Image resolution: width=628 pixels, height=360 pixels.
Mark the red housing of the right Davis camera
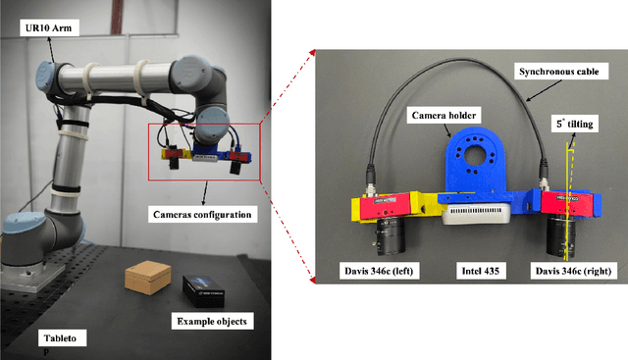coord(567,203)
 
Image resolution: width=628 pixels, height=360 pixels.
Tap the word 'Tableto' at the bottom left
coord(60,338)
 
